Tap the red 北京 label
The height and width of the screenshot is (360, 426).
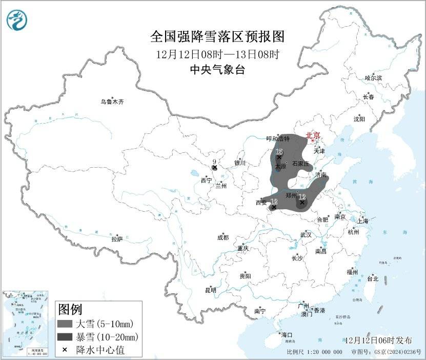[313, 136]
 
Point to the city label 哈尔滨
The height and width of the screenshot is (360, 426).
[373, 77]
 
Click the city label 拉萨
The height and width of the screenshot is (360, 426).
[117, 239]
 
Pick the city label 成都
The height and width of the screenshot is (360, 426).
[223, 237]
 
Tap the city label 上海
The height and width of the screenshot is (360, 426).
[362, 221]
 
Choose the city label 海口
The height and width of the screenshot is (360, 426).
[286, 334]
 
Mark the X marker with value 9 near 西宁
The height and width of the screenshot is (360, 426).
[215, 167]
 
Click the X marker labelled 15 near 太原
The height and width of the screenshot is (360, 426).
[279, 157]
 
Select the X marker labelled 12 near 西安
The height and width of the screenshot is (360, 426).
[274, 207]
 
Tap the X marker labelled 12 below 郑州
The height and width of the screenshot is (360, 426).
[302, 203]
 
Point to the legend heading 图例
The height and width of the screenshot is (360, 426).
[70, 309]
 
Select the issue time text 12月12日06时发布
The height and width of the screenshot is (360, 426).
[378, 340]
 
